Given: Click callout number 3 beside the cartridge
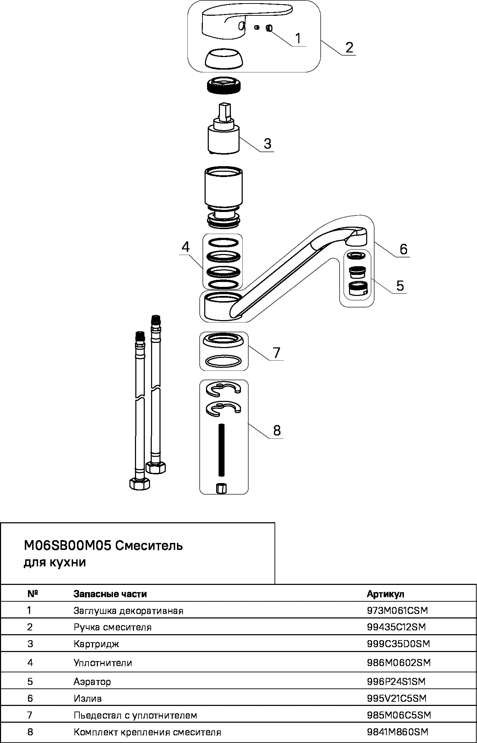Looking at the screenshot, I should click(x=268, y=143).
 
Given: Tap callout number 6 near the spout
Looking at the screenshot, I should click(x=403, y=249).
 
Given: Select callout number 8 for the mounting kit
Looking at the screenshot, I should click(x=277, y=430).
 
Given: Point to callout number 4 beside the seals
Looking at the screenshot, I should click(x=185, y=247).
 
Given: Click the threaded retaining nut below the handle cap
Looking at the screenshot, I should click(x=223, y=86).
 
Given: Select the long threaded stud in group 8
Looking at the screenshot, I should click(x=221, y=450).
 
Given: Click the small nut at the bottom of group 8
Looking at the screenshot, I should click(x=221, y=488).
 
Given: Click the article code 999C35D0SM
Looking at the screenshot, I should click(x=398, y=643).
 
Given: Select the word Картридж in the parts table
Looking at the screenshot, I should click(x=96, y=644).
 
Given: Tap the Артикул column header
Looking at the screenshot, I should click(x=385, y=594).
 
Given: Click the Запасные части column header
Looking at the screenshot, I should click(x=110, y=594).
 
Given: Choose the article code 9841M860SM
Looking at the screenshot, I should click(x=398, y=732).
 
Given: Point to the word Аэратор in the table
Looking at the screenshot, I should click(x=92, y=681).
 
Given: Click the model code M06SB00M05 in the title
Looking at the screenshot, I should click(x=67, y=545).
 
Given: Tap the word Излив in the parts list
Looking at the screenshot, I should click(x=87, y=698).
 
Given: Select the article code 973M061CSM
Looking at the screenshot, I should click(x=397, y=610).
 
